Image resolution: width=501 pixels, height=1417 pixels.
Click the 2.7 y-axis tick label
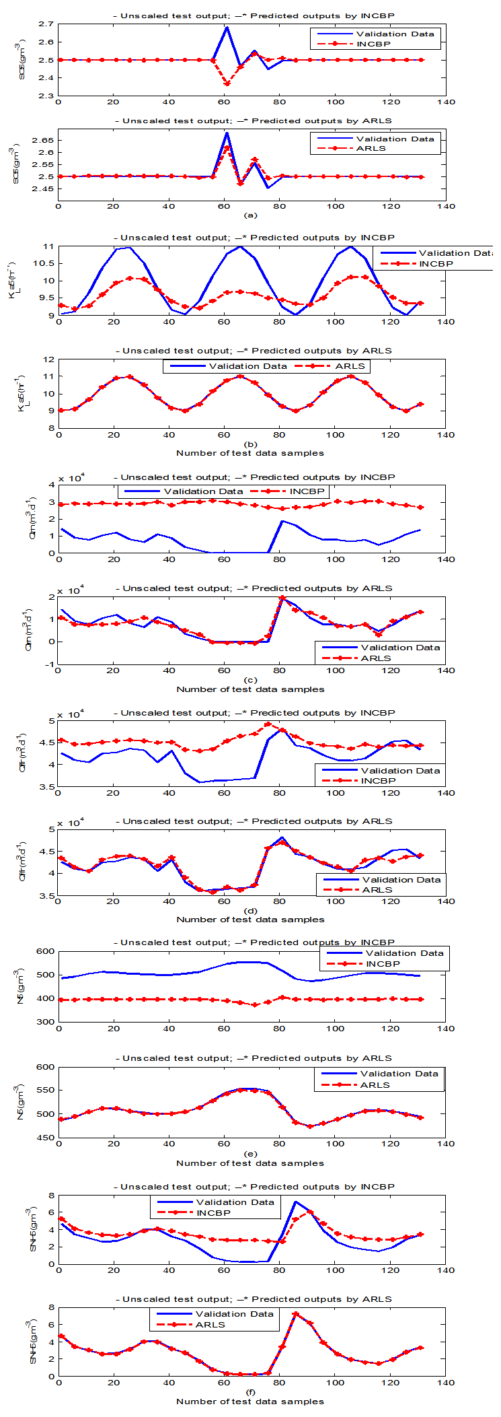[46, 24]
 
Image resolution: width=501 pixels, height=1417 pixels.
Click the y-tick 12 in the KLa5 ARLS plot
[48, 359]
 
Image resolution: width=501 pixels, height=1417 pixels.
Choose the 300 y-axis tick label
[46, 1022]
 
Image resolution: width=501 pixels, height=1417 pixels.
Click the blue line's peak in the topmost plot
[227, 27]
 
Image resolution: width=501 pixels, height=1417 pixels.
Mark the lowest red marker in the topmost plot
[227, 84]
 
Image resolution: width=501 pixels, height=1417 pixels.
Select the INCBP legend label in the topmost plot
[373, 44]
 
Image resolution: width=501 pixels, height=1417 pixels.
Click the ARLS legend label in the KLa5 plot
[350, 366]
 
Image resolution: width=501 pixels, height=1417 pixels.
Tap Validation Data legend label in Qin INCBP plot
[203, 491]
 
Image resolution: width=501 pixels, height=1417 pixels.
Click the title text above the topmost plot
[252, 15]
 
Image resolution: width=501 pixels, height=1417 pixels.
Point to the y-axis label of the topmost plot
[22, 61]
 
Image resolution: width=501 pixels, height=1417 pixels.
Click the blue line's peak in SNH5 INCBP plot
[295, 1202]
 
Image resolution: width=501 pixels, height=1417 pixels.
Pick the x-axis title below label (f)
[250, 1402]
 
